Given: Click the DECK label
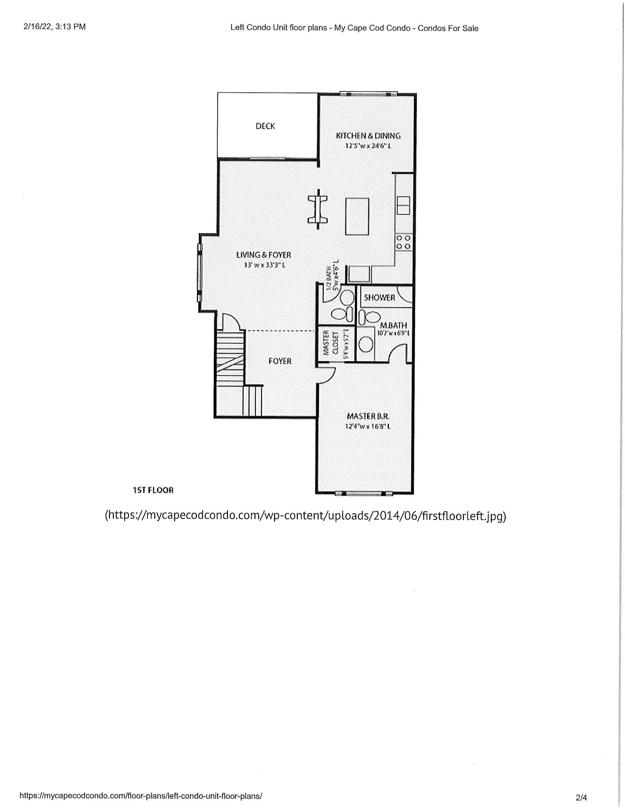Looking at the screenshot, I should [265, 126].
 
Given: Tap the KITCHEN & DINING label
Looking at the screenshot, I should [368, 136].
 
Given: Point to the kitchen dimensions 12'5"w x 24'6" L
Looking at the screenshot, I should [368, 145].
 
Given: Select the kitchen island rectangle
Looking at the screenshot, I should [357, 216].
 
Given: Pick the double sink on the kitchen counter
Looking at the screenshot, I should [403, 205].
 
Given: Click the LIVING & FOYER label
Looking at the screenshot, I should [264, 255].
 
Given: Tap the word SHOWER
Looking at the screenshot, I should [379, 298].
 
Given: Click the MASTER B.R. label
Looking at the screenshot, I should [368, 416].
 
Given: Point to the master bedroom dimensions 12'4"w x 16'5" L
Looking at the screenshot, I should [368, 426].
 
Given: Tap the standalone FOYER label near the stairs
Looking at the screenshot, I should [280, 361].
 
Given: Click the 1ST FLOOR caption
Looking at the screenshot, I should [153, 490].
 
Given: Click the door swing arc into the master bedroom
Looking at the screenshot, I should [328, 375].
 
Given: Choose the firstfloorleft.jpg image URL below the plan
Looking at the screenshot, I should [306, 516].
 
